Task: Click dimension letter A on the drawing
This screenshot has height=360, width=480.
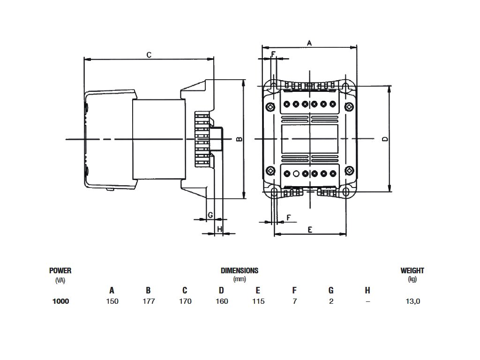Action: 309,43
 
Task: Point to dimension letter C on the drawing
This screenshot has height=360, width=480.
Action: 149,55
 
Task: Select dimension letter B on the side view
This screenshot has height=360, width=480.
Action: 238,139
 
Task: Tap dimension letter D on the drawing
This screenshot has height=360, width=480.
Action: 385,139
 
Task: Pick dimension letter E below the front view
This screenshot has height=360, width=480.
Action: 310,229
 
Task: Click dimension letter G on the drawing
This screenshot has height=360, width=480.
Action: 210,215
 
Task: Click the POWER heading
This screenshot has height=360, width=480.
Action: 60,270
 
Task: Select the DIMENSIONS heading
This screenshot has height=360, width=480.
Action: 240,270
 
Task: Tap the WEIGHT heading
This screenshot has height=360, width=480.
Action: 412,270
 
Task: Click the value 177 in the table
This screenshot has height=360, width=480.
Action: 149,301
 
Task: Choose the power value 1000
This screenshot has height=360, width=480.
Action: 60,301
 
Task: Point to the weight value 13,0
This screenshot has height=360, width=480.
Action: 412,301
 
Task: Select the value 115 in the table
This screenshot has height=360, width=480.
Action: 258,301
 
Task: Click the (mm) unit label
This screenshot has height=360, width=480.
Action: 240,279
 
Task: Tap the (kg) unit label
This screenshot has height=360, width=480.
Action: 412,279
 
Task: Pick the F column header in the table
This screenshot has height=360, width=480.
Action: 294,291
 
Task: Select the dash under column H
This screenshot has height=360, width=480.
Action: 367,301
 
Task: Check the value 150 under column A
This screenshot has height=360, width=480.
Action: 112,301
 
